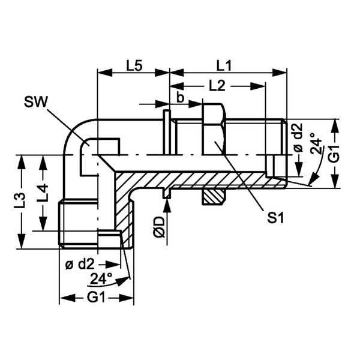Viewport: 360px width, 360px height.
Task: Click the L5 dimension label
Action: (134, 66)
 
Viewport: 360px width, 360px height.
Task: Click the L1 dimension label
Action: (224, 66)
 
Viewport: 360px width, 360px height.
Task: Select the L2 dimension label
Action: (217, 86)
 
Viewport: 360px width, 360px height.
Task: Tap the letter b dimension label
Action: (181, 98)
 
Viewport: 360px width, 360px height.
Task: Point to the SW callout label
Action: (35, 102)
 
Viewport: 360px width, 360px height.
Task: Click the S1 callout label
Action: (275, 218)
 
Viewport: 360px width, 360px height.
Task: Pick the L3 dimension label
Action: (19, 200)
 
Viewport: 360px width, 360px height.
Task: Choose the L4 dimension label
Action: (42, 192)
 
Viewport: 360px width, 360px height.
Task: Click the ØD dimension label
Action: (160, 227)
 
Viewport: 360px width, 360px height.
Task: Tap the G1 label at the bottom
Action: (96, 298)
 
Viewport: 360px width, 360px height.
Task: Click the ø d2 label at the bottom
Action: (80, 265)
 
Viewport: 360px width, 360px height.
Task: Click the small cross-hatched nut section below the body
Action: (212, 197)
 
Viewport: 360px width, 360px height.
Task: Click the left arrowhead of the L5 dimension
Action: (105, 73)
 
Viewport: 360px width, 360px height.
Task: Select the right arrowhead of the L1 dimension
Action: (280, 73)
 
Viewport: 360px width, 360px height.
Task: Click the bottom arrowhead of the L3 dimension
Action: (23, 241)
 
